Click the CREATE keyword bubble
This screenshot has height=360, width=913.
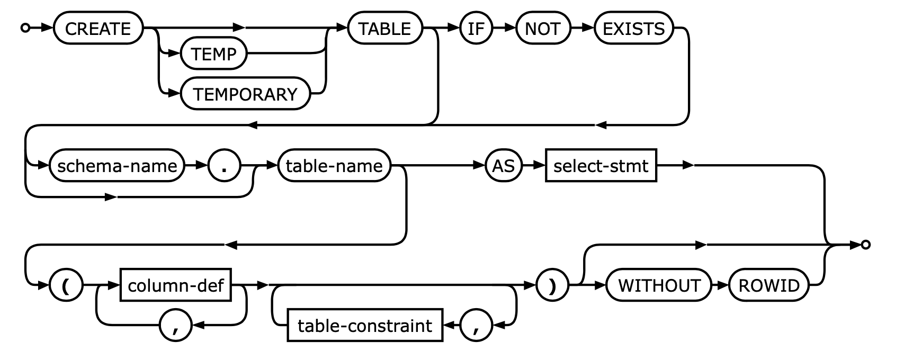pos(99,28)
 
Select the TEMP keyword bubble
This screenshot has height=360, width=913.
pos(214,54)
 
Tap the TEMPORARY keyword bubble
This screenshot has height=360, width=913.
pos(245,94)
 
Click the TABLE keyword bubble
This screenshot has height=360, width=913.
pos(385,28)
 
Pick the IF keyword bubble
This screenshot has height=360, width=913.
pos(476,28)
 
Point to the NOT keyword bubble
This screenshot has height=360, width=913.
pos(542,28)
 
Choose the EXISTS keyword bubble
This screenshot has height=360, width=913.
pos(633,28)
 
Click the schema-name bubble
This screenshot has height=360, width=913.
pos(117,166)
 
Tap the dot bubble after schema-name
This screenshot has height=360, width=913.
pos(225,166)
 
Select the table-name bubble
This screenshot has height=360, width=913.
pos(334,166)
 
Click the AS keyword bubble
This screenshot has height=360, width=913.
pos(503,166)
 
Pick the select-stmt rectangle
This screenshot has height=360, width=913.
pos(601,166)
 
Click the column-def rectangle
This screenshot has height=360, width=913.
pos(176,285)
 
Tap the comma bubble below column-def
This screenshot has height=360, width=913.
pos(176,326)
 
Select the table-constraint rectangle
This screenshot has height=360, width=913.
pos(365,326)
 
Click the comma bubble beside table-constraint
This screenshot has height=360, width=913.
pos(476,326)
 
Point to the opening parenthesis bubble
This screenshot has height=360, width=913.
pos(66,285)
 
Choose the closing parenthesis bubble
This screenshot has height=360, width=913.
pos(552,285)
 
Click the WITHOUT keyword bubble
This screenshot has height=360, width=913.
pos(659,285)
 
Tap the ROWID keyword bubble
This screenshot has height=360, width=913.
pos(769,285)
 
